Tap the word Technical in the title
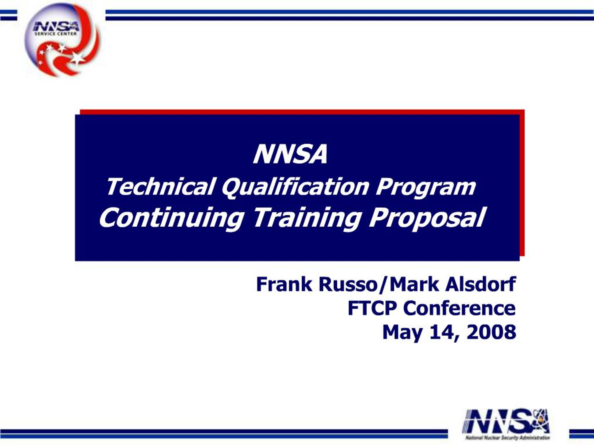(160, 187)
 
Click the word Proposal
(427, 218)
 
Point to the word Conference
(459, 308)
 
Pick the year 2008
(491, 332)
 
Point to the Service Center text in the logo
(56, 34)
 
